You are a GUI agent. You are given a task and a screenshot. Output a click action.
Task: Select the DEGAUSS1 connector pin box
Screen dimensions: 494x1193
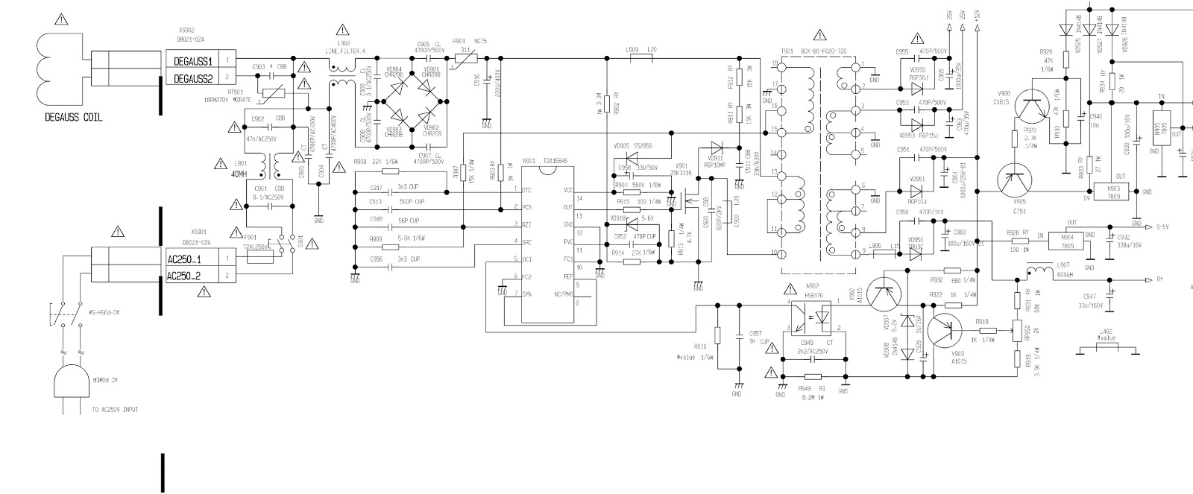click(192, 60)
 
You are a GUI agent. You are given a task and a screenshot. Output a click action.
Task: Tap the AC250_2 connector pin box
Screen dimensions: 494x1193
click(192, 276)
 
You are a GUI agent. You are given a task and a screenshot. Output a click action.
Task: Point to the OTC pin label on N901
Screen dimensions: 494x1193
click(526, 190)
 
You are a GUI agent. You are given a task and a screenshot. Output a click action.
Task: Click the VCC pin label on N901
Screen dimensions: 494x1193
click(569, 190)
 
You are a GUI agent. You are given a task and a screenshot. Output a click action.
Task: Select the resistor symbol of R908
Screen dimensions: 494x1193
click(394, 172)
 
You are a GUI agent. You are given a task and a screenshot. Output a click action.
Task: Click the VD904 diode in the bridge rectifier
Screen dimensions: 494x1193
click(395, 85)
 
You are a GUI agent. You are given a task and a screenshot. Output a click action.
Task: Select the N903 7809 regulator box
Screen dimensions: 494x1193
click(1113, 191)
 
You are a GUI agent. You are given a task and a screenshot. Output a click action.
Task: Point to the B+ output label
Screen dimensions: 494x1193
click(1159, 280)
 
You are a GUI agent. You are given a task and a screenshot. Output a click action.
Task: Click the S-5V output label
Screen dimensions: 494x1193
click(1162, 226)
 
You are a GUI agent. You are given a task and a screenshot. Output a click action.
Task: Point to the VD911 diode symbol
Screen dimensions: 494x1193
click(717, 148)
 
